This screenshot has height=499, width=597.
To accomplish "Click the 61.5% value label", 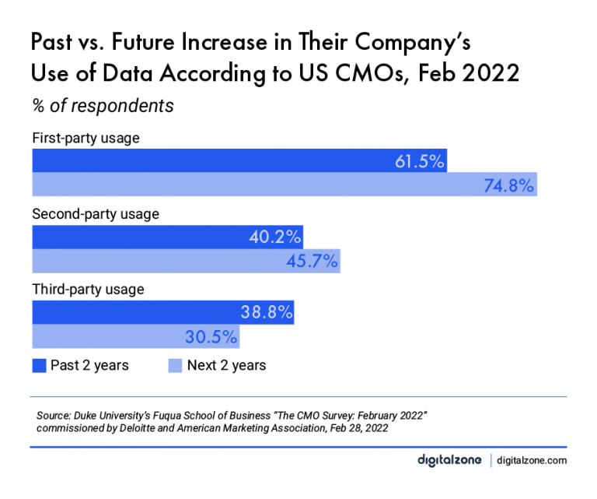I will pos(418,162).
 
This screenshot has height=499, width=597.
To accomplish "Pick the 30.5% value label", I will pos(211,336).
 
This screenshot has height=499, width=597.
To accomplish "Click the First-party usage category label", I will pos(85,139).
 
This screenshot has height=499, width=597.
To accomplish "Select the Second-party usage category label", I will pos(95,213).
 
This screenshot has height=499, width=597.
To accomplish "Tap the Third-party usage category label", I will pos(88,289).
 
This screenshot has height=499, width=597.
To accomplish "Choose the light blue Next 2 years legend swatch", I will pos(175,365).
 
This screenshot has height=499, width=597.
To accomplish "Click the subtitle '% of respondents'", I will pos(102,104).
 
